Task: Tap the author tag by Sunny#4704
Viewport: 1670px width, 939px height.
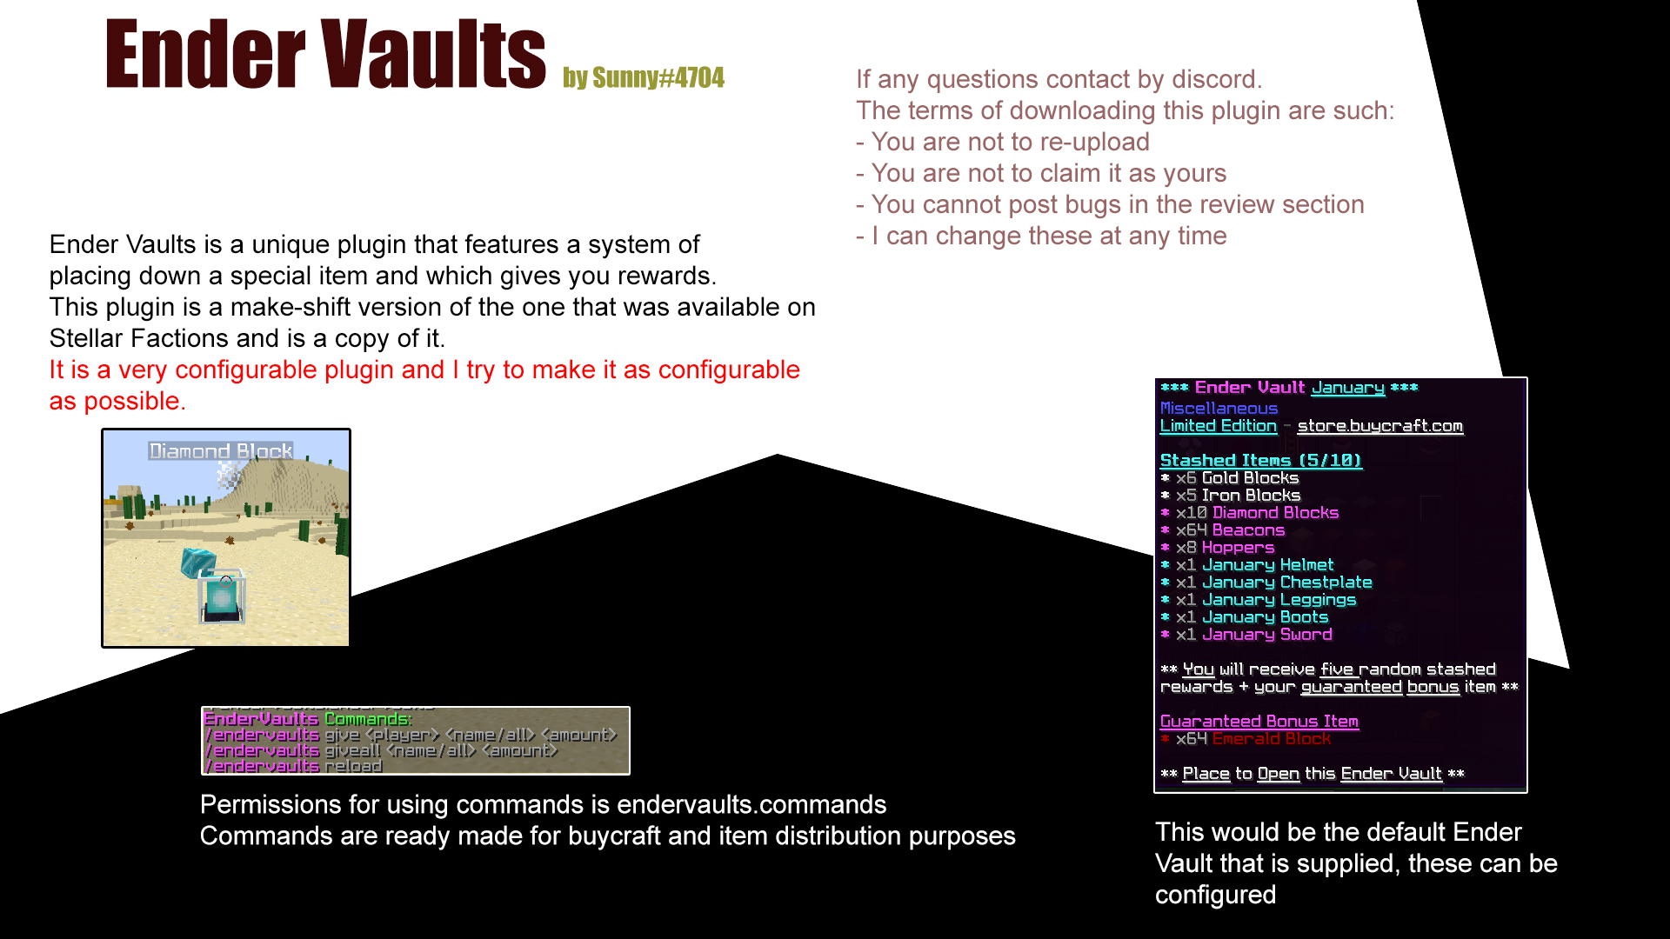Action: coord(643,78)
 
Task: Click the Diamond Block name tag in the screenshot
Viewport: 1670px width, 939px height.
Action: coord(221,451)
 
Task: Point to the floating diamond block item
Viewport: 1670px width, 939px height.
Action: coord(197,561)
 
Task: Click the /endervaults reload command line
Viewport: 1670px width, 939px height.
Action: coord(293,766)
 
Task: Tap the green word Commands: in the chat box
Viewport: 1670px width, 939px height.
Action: coord(367,719)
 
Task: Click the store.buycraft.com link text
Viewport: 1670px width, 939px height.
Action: coord(1379,426)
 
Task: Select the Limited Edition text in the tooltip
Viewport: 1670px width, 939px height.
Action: coord(1218,426)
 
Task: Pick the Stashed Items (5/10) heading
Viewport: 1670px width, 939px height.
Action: coord(1260,461)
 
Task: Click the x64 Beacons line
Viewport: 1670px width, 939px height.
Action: coord(1230,530)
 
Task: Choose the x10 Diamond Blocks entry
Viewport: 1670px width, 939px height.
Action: coord(1257,513)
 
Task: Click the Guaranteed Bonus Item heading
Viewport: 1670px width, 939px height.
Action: coord(1259,722)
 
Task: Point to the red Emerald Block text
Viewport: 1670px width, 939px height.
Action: coord(1271,739)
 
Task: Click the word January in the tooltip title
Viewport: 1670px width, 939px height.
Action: coord(1347,388)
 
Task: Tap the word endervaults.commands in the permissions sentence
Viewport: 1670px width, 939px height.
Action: coord(751,805)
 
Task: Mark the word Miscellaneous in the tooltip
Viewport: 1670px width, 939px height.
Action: coord(1219,409)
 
